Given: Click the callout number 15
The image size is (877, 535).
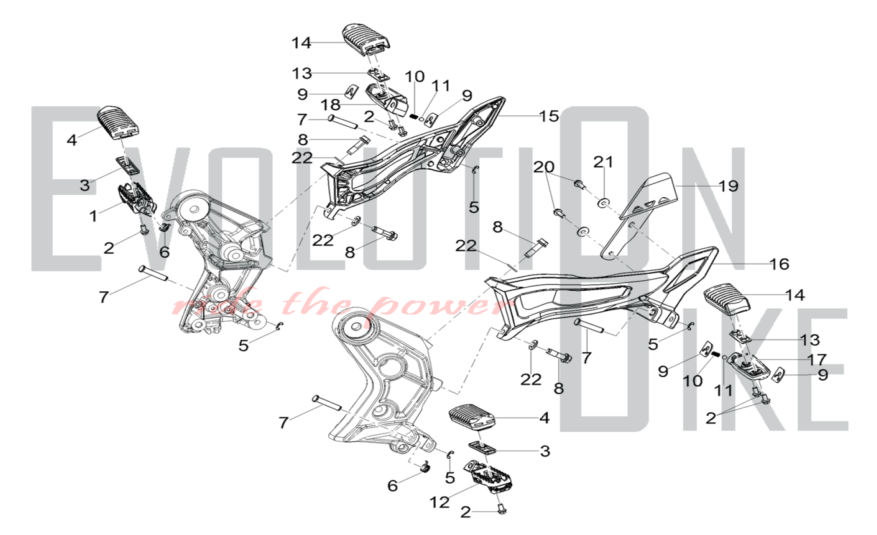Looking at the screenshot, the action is [549, 116].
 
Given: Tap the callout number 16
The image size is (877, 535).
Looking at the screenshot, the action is [779, 264].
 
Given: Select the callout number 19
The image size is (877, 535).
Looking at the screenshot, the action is [728, 186].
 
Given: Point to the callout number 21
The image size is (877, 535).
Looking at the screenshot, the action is [603, 162].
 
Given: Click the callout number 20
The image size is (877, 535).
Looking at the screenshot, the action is [544, 167].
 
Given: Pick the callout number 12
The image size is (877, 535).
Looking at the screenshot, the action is [439, 503].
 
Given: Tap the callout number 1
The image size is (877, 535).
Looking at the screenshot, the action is [93, 216].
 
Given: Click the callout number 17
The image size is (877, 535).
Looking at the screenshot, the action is [816, 360].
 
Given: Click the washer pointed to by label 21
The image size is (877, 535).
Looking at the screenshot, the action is [603, 203].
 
